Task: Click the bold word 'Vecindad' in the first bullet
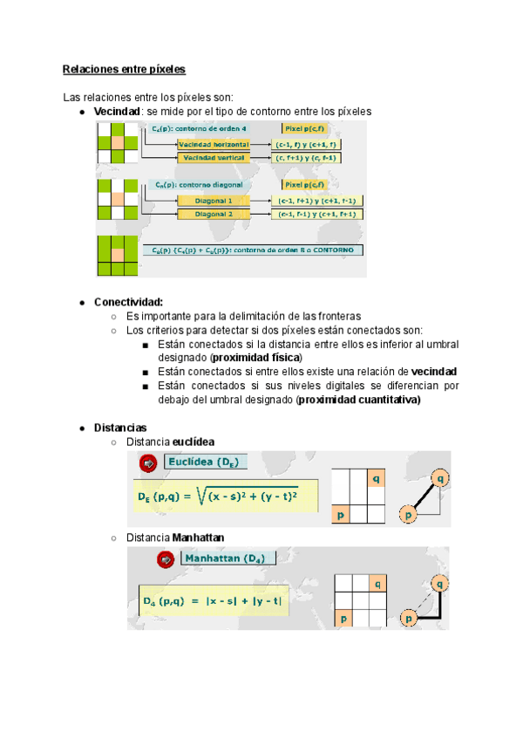tap(118, 112)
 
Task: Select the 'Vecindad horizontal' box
tap(214, 144)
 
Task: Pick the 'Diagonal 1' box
tap(214, 200)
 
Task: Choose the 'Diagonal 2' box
tap(214, 214)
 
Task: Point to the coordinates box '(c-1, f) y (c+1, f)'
tap(308, 144)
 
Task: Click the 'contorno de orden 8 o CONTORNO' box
tap(254, 250)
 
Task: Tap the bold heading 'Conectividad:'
tap(128, 301)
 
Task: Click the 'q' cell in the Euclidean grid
tap(376, 479)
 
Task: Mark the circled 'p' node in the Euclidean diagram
tap(407, 516)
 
